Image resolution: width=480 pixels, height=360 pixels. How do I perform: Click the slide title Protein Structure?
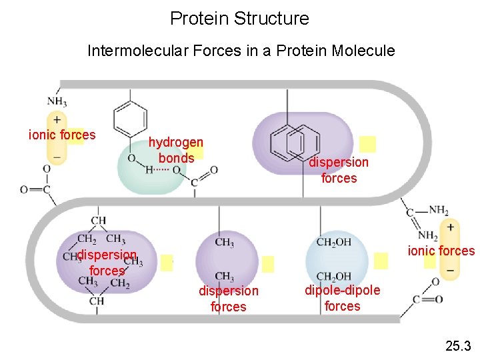pyautogui.click(x=239, y=18)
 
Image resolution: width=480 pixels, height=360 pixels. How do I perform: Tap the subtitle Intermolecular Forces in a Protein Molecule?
pyautogui.click(x=241, y=51)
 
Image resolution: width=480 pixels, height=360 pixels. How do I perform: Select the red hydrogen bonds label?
pyautogui.click(x=175, y=150)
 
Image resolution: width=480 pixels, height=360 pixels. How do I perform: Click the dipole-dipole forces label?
pyautogui.click(x=342, y=298)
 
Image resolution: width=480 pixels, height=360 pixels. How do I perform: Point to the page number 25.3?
pyautogui.click(x=458, y=345)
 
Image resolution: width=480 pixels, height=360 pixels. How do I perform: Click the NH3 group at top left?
pyautogui.click(x=57, y=101)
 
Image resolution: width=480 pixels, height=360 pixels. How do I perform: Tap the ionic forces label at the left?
pyautogui.click(x=62, y=135)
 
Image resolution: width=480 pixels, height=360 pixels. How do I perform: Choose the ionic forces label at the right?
pyautogui.click(x=441, y=251)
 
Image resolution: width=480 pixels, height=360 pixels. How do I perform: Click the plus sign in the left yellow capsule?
pyautogui.click(x=57, y=119)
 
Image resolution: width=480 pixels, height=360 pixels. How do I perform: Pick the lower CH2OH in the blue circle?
pyautogui.click(x=334, y=277)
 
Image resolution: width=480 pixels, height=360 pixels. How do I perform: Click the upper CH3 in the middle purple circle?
pyautogui.click(x=224, y=243)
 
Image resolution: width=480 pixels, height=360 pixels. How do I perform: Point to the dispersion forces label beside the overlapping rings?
pyautogui.click(x=339, y=170)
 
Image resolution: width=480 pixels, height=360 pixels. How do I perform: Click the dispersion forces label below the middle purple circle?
pyautogui.click(x=228, y=299)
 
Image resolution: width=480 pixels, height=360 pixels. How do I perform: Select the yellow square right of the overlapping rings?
pyautogui.click(x=367, y=145)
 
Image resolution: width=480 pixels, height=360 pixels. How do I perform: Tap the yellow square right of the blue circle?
pyautogui.click(x=381, y=261)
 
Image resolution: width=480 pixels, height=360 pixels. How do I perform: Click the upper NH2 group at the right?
pyautogui.click(x=438, y=210)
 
